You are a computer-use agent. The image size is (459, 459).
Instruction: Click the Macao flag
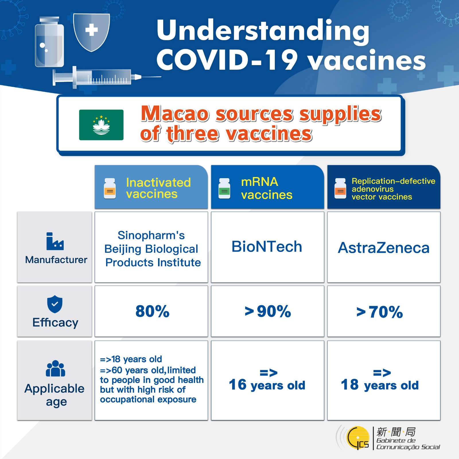tap(101, 125)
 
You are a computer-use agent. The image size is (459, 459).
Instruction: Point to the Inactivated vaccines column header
tap(151, 187)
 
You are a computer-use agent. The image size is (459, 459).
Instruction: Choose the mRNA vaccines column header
tap(267, 187)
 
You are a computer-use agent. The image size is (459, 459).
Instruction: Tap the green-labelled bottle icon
tap(224, 188)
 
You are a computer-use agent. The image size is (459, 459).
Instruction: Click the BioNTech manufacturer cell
tap(267, 247)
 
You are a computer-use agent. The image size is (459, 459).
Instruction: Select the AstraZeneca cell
tap(384, 247)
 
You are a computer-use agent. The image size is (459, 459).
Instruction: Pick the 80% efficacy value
tap(152, 311)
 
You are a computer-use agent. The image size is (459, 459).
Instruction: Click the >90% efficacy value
tap(268, 311)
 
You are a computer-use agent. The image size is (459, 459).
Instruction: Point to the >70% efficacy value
tap(380, 312)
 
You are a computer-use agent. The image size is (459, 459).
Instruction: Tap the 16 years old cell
tap(267, 380)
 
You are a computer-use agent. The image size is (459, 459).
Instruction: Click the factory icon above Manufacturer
tap(55, 241)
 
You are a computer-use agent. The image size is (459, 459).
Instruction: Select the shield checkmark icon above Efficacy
tap(55, 304)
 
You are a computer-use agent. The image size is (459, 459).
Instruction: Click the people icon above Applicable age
tap(55, 368)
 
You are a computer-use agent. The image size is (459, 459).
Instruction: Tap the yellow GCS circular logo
tap(358, 438)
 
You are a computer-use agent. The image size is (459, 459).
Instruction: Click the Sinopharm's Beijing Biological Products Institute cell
tap(151, 247)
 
